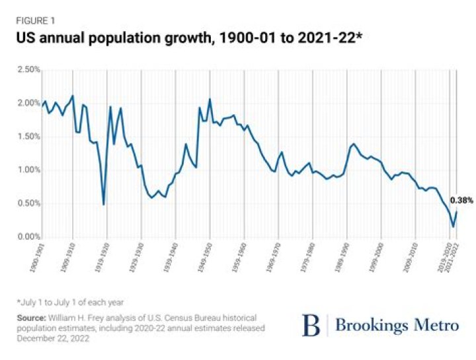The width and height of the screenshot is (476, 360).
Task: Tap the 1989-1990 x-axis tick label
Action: click(342, 259)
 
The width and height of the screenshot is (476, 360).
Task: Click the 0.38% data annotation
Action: click(461, 200)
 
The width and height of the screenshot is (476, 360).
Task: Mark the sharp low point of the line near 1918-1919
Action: click(104, 204)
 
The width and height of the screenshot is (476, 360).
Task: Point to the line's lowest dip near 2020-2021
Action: click(453, 227)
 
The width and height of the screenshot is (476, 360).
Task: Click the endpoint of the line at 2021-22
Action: click(457, 211)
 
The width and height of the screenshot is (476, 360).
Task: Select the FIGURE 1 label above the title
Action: click(35, 20)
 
